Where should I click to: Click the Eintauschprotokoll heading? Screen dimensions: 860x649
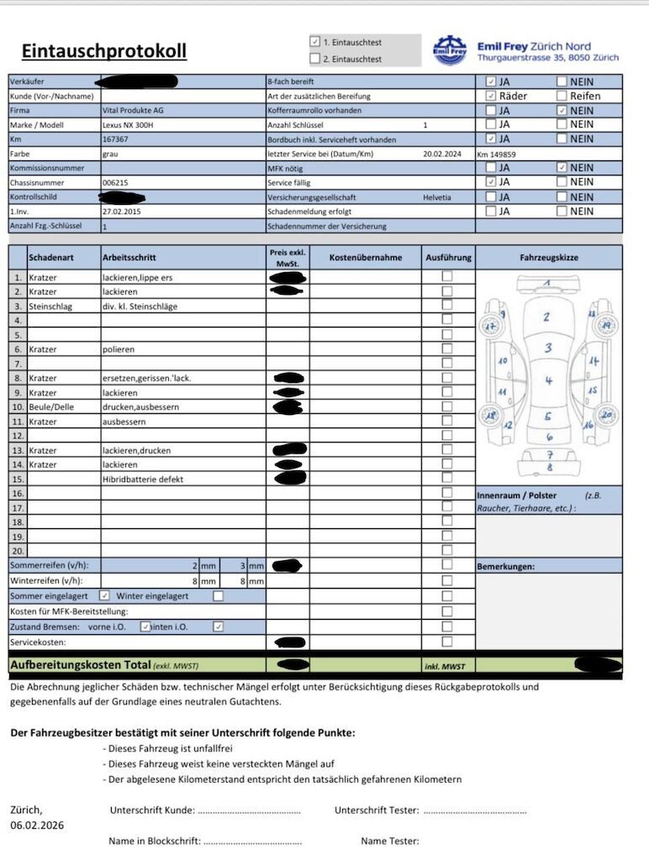tap(104, 51)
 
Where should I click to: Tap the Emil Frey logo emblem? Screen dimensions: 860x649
tap(450, 50)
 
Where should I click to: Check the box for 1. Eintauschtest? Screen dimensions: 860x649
tap(315, 41)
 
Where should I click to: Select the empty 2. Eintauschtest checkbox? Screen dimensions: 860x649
tap(315, 59)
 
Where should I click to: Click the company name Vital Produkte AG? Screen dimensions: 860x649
tap(133, 111)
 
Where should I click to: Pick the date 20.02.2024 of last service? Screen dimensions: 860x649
tap(443, 155)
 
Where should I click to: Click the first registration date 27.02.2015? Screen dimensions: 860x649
tap(121, 212)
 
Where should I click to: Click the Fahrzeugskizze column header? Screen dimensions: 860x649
tap(549, 258)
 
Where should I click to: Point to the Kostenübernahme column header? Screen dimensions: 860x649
tap(366, 258)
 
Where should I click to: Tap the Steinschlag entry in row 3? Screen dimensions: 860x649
tap(50, 307)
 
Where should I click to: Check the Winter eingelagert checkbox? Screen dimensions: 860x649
tap(219, 596)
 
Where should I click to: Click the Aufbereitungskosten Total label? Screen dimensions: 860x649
tap(80, 665)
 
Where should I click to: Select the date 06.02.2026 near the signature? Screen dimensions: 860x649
tap(37, 826)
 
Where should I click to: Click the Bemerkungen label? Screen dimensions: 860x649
tap(505, 567)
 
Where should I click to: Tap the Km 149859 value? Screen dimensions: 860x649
tap(496, 155)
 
